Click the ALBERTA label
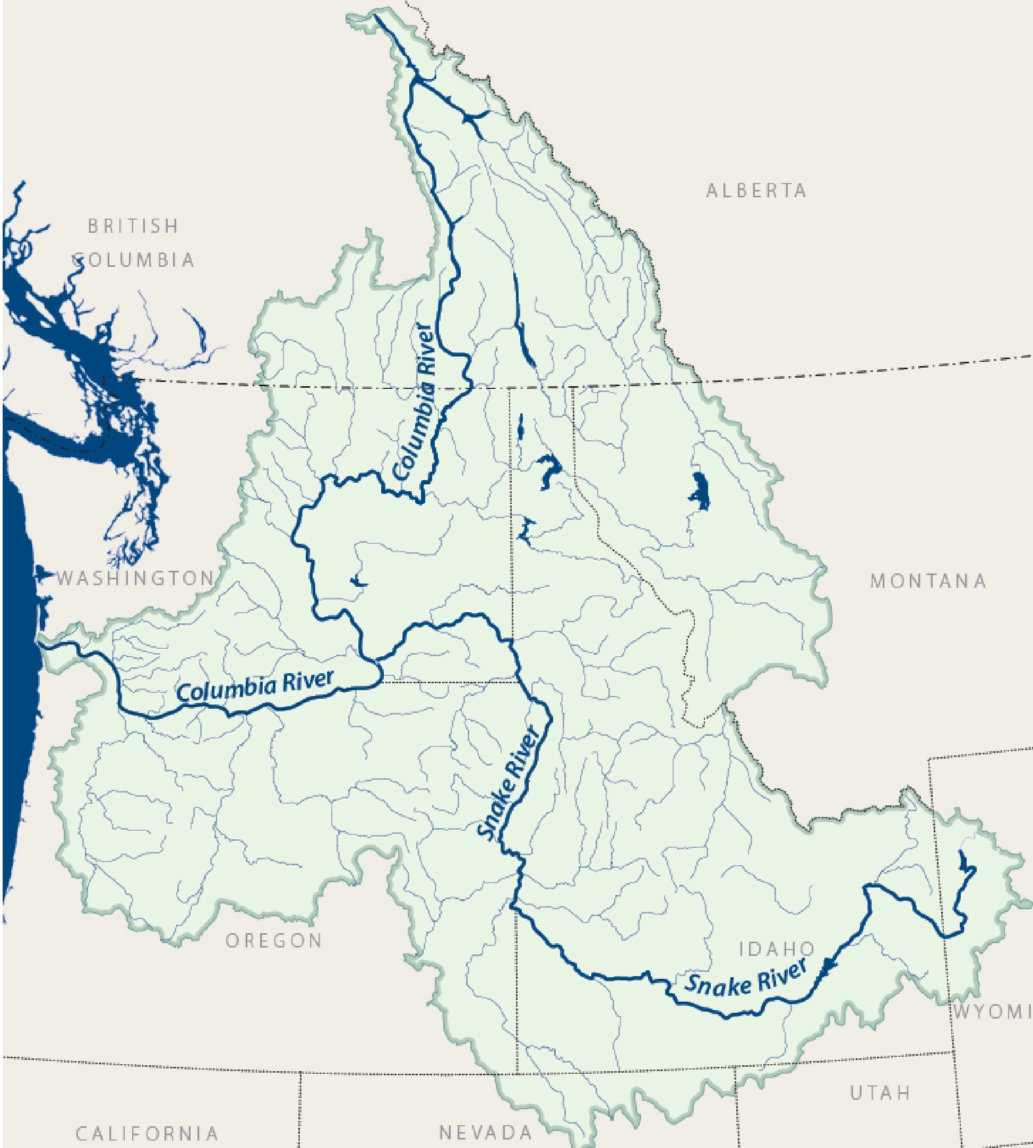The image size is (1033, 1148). (756, 190)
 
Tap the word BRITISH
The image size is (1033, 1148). (133, 226)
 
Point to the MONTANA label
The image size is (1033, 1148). (928, 581)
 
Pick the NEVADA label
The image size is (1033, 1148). (486, 1132)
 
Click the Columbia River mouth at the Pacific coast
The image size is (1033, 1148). (41, 642)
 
